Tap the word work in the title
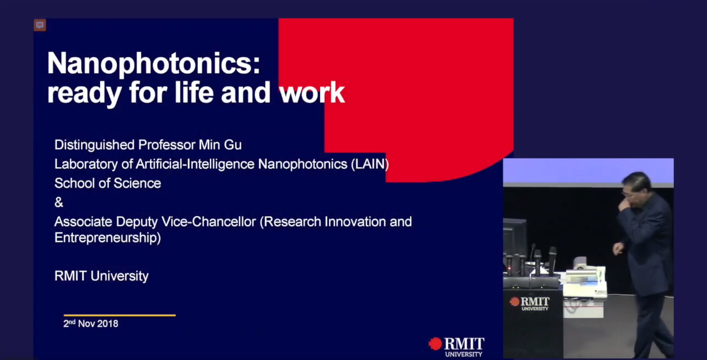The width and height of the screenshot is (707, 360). click(312, 92)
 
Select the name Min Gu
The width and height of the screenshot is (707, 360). click(220, 145)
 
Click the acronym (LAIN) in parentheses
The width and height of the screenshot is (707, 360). click(370, 164)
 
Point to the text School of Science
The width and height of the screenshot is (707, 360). click(108, 183)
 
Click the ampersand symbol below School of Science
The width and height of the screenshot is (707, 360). click(59, 203)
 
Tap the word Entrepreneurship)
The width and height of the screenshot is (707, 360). click(108, 238)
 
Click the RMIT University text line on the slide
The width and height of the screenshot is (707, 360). click(101, 276)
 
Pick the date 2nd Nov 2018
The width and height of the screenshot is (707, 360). click(91, 324)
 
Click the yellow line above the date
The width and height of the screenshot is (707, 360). click(120, 315)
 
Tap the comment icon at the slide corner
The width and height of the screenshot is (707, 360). click(40, 25)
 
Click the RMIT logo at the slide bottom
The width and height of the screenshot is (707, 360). click(456, 347)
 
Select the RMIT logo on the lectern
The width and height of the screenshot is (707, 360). click(530, 303)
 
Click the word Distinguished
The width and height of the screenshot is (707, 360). click(94, 145)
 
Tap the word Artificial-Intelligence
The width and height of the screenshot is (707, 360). click(195, 164)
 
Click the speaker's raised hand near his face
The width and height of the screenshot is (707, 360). click(624, 205)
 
